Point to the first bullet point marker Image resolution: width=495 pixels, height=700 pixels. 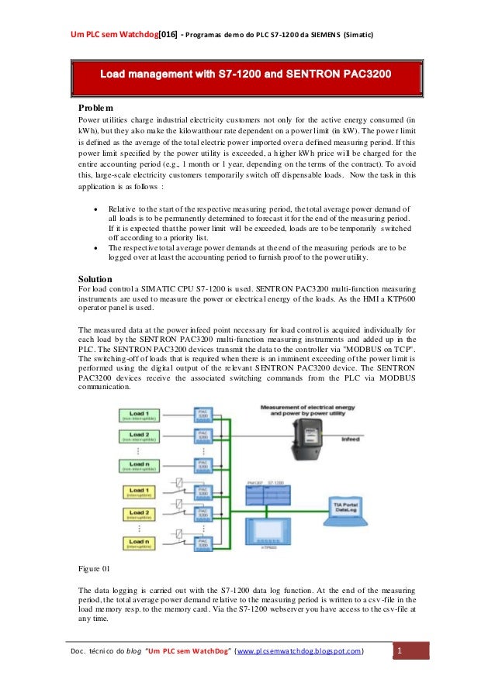pos(95,209)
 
